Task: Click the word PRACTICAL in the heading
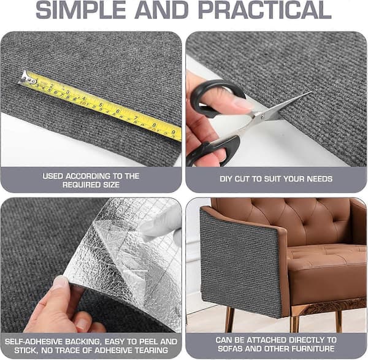pyautogui.click(x=264, y=10)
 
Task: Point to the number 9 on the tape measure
pyautogui.click(x=173, y=132)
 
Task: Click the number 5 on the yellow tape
pyautogui.click(x=101, y=104)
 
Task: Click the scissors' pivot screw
pyautogui.click(x=263, y=115)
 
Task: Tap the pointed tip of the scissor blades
pyautogui.click(x=311, y=92)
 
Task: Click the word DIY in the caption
pyautogui.click(x=226, y=179)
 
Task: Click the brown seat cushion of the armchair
pyautogui.click(x=326, y=258)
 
